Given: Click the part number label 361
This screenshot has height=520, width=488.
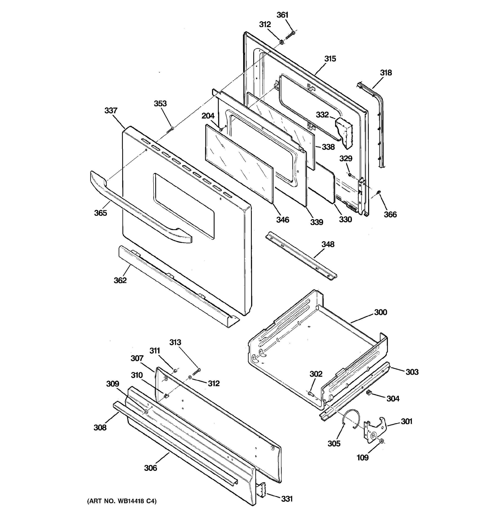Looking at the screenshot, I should coord(282,15).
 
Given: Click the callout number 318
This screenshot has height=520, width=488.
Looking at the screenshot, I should coord(386,73).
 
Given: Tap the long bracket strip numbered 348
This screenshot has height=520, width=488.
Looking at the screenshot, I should coord(301,257).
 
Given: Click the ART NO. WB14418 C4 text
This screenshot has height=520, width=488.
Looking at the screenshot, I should coord(122,501).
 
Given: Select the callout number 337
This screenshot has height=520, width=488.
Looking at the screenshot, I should coord(111,111).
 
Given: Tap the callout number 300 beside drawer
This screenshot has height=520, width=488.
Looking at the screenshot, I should coord(380,312).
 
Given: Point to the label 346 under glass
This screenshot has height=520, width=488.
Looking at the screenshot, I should coord(283,220).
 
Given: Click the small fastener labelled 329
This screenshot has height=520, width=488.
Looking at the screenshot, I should coord(350,174).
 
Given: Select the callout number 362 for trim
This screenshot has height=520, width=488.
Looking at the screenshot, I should coord(120,280).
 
